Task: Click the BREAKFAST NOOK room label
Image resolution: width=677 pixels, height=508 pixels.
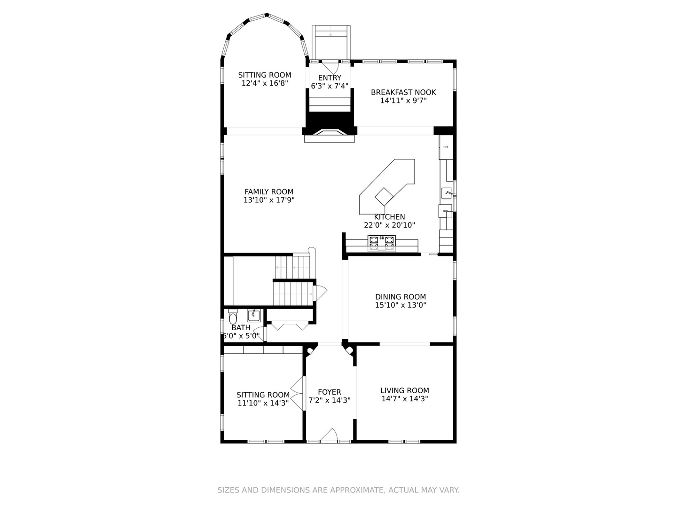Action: pyautogui.click(x=403, y=92)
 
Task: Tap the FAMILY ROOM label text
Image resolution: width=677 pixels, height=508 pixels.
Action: pyautogui.click(x=268, y=191)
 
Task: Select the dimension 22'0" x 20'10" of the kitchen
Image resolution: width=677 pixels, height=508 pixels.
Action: pyautogui.click(x=389, y=225)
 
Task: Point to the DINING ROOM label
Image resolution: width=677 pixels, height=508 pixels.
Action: pyautogui.click(x=401, y=297)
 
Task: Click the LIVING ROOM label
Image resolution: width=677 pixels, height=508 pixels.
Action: pyautogui.click(x=405, y=390)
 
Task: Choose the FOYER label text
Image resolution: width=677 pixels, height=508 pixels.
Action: pyautogui.click(x=330, y=392)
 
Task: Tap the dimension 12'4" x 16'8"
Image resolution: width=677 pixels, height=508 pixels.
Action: pyautogui.click(x=265, y=83)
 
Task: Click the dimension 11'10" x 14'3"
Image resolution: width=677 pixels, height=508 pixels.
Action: pyautogui.click(x=263, y=403)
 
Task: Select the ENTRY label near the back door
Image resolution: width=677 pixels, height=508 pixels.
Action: pyautogui.click(x=330, y=78)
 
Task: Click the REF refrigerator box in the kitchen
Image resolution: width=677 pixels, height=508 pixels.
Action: pyautogui.click(x=446, y=147)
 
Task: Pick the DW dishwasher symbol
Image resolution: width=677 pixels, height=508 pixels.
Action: pyautogui.click(x=445, y=211)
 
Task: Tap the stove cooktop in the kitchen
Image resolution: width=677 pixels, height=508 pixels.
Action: pyautogui.click(x=382, y=243)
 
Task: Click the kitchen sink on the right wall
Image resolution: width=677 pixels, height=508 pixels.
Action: pyautogui.click(x=446, y=193)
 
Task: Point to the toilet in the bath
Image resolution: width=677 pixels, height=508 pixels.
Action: pyautogui.click(x=233, y=317)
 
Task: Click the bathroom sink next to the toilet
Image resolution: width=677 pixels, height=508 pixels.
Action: pyautogui.click(x=253, y=315)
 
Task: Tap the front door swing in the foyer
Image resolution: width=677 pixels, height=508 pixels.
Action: pyautogui.click(x=329, y=435)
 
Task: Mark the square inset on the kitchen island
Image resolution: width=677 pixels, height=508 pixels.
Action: pyautogui.click(x=384, y=197)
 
